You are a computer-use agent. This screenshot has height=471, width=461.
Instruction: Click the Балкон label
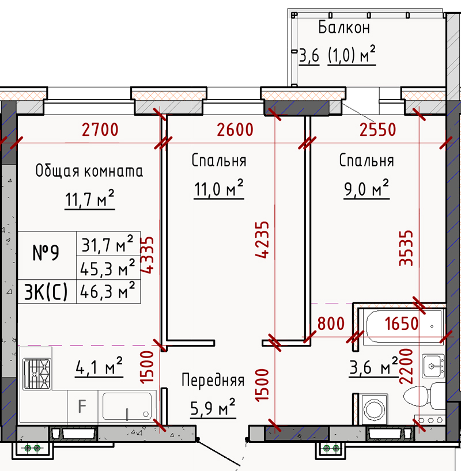click(x=344, y=27)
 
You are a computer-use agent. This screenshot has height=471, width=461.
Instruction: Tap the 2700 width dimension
click(x=100, y=130)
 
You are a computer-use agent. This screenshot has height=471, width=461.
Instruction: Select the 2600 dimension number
click(x=235, y=130)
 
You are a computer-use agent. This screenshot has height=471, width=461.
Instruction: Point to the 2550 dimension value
click(x=377, y=130)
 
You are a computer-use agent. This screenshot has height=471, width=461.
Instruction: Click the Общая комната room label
click(x=89, y=170)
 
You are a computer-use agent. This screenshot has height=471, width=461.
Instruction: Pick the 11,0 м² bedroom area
click(x=218, y=189)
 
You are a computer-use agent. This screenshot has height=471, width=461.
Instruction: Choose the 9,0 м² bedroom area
click(x=366, y=189)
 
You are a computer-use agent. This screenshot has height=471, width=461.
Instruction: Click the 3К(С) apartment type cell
click(x=46, y=292)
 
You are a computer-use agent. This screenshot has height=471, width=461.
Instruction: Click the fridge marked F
click(x=82, y=407)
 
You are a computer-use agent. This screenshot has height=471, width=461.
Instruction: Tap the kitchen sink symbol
click(x=127, y=406)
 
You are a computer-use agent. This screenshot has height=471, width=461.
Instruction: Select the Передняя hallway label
click(x=213, y=380)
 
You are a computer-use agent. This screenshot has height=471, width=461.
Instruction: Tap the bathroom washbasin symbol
click(x=433, y=366)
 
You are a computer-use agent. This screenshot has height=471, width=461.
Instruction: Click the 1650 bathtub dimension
click(x=402, y=324)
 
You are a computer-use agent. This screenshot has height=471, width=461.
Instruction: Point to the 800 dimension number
click(x=331, y=324)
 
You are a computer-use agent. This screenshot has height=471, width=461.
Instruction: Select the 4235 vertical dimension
click(x=262, y=240)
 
